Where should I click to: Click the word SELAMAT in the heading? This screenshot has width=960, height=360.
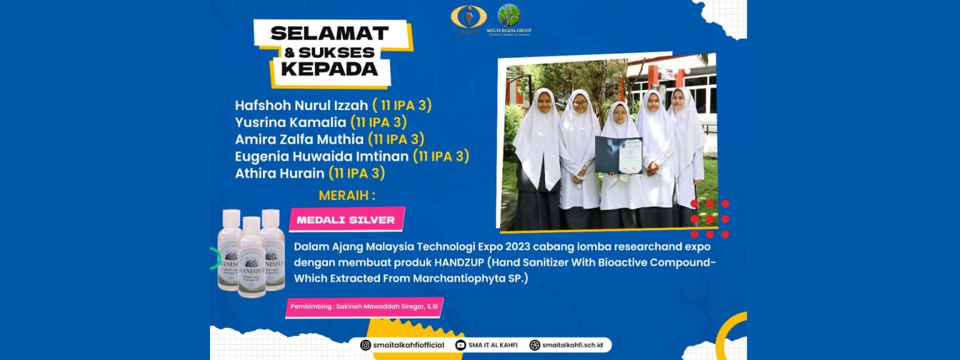[329, 33]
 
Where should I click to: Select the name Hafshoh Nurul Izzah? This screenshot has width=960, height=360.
[301, 105]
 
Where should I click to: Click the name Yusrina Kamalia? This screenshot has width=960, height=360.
[289, 122]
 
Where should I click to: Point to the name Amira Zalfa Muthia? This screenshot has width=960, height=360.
[299, 139]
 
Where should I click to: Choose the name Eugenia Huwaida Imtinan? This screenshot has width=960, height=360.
[322, 156]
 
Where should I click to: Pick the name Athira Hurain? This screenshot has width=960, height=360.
[280, 172]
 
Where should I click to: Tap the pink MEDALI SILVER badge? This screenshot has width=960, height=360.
[346, 220]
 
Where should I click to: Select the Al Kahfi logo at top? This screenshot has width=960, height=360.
[468, 19]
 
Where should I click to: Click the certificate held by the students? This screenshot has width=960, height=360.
[618, 155]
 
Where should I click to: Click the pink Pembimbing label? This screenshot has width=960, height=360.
[364, 307]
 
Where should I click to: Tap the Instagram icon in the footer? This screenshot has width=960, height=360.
[366, 345]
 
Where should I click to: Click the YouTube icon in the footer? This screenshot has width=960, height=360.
[461, 345]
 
